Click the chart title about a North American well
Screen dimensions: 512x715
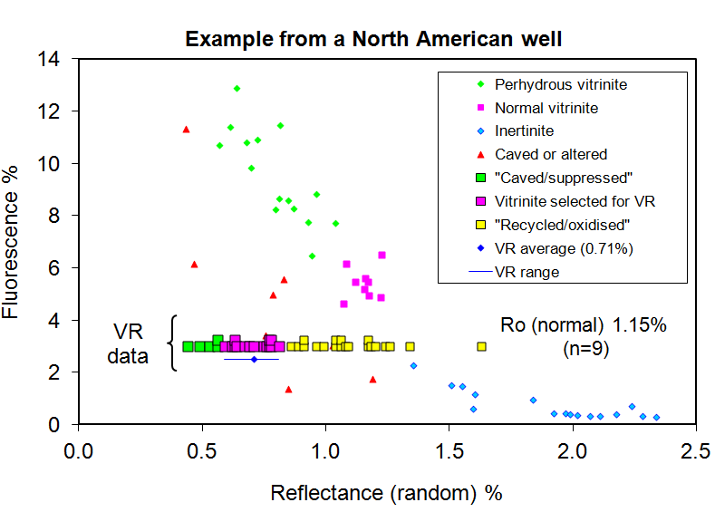[373, 40]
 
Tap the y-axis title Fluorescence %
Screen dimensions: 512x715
[14, 241]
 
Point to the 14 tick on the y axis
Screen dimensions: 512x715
[56, 59]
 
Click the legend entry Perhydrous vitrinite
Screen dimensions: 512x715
[560, 84]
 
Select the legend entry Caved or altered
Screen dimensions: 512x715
[550, 154]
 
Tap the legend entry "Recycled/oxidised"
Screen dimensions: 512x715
[562, 225]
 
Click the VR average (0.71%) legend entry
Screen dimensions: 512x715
[563, 247]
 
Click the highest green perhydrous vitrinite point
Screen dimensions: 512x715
[237, 89]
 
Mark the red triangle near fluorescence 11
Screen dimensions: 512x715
[186, 130]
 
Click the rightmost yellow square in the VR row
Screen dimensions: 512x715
[481, 346]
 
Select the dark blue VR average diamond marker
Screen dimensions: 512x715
[254, 360]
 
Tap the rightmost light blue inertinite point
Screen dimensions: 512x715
[656, 418]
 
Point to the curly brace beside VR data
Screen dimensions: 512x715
[172, 343]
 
